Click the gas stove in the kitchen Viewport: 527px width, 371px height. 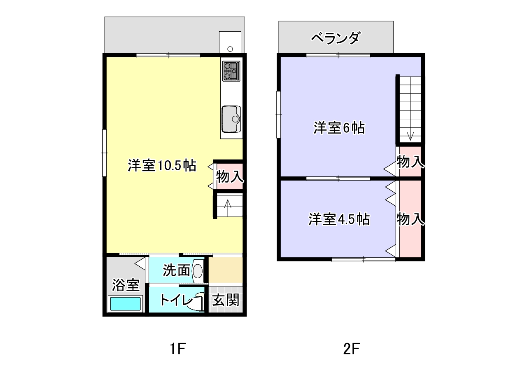click(x=231, y=71)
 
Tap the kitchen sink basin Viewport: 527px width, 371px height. click(x=231, y=119)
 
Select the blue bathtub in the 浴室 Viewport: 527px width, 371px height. click(x=126, y=304)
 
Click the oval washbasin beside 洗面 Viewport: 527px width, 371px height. click(x=198, y=271)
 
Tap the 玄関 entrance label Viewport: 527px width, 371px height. click(x=226, y=300)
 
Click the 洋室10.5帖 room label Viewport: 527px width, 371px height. click(x=162, y=165)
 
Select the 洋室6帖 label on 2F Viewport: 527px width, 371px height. click(x=339, y=128)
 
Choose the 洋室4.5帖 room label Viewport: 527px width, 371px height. click(x=339, y=219)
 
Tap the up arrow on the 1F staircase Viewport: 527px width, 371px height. click(x=228, y=207)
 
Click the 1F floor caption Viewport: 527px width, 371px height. click(x=177, y=349)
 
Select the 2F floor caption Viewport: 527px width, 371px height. click(x=352, y=349)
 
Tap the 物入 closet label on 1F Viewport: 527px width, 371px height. click(x=230, y=177)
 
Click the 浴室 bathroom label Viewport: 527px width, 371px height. click(x=126, y=285)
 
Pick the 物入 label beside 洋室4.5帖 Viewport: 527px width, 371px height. click(x=410, y=219)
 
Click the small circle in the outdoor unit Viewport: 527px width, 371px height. click(x=230, y=49)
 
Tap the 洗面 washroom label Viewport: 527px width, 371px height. click(x=177, y=270)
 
